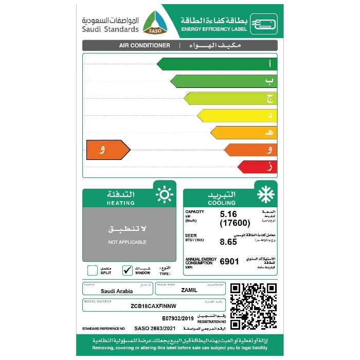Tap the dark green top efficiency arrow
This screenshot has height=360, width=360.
pos(216,64)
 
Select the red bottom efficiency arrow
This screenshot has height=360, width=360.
pos(257,167)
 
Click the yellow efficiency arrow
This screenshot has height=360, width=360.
pos(237,115)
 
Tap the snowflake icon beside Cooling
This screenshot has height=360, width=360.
pos(266,195)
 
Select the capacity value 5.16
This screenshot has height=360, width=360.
pos(230,214)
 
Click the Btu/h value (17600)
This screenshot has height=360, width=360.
pos(235,223)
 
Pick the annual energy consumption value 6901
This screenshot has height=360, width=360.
pos(229,261)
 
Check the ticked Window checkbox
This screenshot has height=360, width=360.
pos(128,270)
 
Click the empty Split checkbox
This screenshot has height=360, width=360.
pos(92,270)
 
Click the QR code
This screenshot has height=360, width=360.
pos(253,306)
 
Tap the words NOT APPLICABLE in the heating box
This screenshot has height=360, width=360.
pos(127,242)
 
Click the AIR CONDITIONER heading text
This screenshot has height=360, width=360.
pos(145,45)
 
